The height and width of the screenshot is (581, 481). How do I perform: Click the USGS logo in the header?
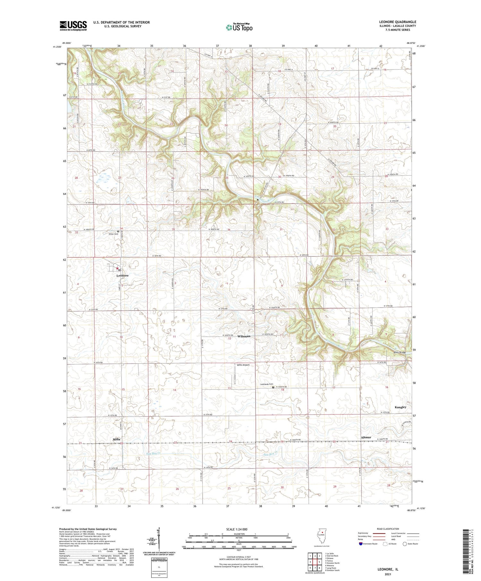(73, 26)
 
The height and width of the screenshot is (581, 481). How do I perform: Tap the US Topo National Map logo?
(239, 27)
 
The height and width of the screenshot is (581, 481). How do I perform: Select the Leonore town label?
(122, 276)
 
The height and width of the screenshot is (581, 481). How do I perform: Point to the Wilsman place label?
(244, 336)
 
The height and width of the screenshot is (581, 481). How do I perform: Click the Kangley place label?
(400, 407)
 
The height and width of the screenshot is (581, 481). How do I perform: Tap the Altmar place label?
(366, 437)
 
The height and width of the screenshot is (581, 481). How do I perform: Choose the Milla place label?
(116, 439)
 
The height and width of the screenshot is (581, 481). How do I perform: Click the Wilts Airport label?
(243, 365)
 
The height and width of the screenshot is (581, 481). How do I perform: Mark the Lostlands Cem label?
(266, 384)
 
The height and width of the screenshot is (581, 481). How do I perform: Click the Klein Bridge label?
(400, 352)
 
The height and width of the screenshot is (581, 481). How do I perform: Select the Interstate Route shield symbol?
(361, 544)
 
